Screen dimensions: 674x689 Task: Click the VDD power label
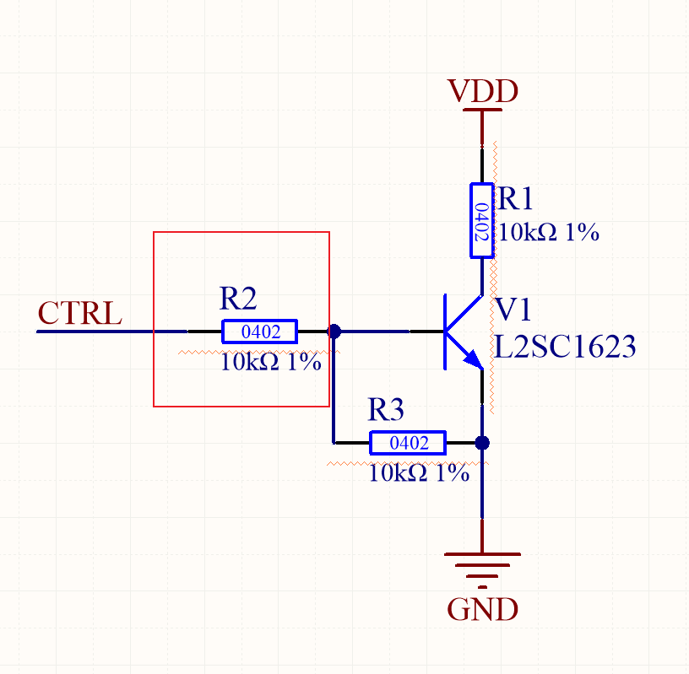pos(482,90)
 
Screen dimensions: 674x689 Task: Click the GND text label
pos(482,608)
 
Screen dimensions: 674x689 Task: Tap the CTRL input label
pos(80,313)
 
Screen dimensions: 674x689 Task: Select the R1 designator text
pos(516,199)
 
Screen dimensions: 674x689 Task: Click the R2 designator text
pos(238,298)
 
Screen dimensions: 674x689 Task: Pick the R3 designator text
pos(386,411)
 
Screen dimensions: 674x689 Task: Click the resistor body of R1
pos(481,219)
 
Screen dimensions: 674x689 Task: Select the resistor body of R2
pos(259,332)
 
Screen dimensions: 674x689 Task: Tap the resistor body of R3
pos(408,443)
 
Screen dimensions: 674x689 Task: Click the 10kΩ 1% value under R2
pos(270,363)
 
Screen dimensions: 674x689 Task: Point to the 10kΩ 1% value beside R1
pos(548,233)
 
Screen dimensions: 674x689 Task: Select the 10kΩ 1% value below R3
pos(419,474)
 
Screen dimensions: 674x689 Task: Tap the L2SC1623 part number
pos(565,346)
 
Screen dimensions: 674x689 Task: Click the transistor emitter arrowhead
pos(474,362)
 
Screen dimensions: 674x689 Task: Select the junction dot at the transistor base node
pos(334,332)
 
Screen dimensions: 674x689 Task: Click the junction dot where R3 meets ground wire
pos(482,443)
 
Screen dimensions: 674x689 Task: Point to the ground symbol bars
pos(482,563)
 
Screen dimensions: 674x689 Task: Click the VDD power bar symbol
pos(482,110)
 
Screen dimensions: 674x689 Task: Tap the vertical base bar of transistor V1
pos(445,332)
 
